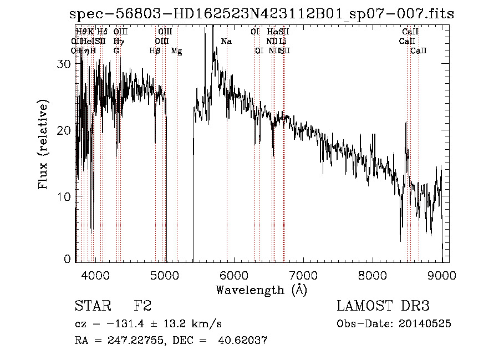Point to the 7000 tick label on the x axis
(x=303, y=275)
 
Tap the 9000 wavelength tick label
(x=442, y=275)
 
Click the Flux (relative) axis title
(x=43, y=144)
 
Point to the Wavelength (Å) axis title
(x=261, y=290)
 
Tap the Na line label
(x=226, y=42)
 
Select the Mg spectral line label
(x=176, y=51)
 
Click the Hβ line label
(x=155, y=51)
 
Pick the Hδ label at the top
(x=102, y=32)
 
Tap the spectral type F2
(x=142, y=307)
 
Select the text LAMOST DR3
(x=383, y=307)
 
